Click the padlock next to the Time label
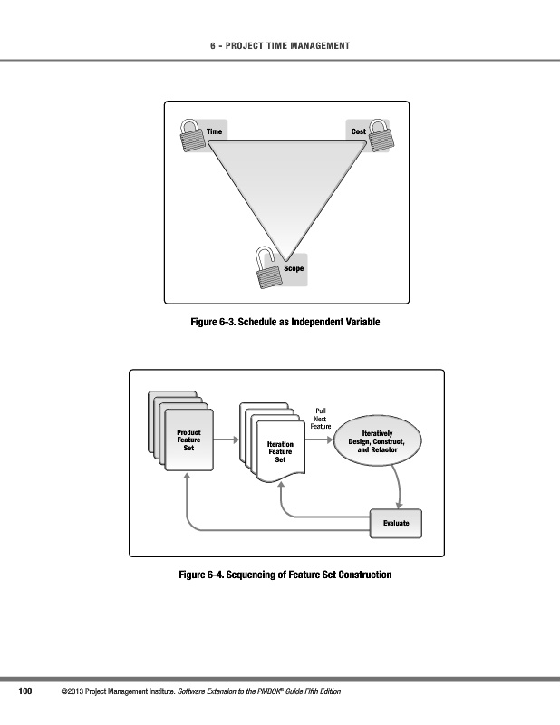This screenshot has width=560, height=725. [191, 137]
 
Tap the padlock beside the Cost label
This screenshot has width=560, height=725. [380, 137]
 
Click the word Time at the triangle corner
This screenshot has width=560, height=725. [214, 131]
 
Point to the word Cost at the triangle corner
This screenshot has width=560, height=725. [358, 131]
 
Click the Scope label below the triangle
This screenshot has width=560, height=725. [293, 268]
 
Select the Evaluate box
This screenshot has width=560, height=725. [396, 523]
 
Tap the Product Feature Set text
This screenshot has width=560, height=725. [188, 440]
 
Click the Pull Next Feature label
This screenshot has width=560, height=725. [321, 418]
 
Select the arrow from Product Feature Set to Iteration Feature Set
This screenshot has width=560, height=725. [227, 440]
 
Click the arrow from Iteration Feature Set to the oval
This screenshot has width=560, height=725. [319, 441]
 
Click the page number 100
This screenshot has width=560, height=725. [26, 692]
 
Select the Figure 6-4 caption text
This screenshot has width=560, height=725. [286, 575]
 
